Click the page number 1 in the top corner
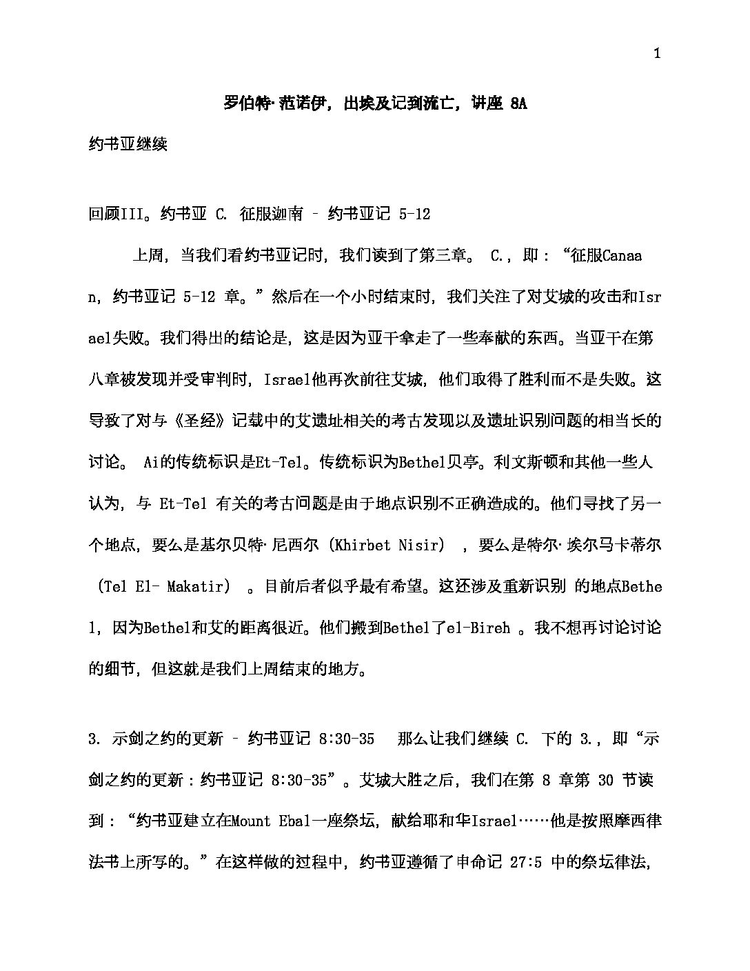tap(657, 54)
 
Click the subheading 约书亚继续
tap(128, 145)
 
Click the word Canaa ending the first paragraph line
tap(622, 256)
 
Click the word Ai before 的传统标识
tap(152, 463)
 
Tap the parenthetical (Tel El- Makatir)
tap(163, 587)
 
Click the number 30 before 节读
tap(605, 780)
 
